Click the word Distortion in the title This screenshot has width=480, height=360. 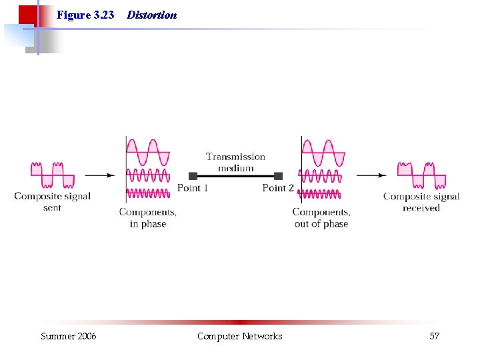151,15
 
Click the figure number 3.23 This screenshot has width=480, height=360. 103,15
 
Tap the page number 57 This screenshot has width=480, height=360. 434,336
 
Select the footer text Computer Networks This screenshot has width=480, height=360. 239,336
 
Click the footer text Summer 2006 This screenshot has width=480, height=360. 68,336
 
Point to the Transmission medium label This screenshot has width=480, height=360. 235,162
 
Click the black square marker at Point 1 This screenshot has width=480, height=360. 193,176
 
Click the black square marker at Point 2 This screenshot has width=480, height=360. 278,176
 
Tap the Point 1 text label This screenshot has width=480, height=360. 193,188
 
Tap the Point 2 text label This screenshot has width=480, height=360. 278,188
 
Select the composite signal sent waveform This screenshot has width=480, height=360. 52,175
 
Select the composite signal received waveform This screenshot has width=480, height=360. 421,175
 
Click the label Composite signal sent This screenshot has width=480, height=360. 52,201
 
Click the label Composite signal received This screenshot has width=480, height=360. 421,201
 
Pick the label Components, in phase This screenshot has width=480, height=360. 148,218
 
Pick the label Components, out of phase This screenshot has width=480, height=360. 321,218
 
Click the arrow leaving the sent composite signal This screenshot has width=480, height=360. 100,175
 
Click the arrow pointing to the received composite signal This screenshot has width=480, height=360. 371,175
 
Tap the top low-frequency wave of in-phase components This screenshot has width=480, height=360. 148,153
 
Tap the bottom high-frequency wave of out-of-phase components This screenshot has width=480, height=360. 320,194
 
